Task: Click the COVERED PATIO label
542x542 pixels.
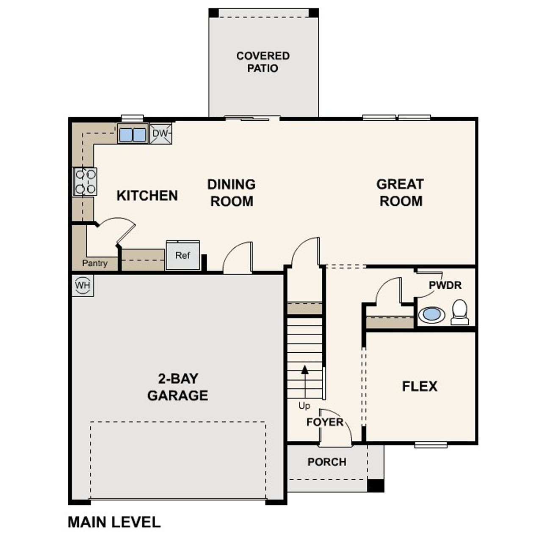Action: pos(263,62)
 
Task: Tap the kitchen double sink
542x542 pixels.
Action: pos(132,135)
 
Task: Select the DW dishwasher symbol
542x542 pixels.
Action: pos(161,134)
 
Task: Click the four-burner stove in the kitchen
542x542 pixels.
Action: pos(85,181)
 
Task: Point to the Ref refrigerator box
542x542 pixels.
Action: pos(183,255)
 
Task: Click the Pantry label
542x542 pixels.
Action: pos(95,263)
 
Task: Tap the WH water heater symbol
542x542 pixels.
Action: pos(83,285)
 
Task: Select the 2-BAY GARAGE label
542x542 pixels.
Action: pos(177,387)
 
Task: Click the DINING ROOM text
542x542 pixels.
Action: pos(231,193)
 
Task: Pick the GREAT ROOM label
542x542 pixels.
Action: pos(400,193)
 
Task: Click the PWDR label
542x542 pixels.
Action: pos(445,285)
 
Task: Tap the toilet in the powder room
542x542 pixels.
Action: pos(459,312)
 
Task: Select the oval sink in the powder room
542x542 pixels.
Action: pos(431,315)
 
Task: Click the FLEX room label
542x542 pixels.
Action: pos(420,386)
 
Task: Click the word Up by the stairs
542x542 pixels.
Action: pos(304,406)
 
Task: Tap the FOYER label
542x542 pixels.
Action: pos(325,422)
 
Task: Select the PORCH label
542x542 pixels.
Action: pos(327,462)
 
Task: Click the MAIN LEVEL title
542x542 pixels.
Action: pos(114,522)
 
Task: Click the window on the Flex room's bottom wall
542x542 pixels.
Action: pos(431,445)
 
